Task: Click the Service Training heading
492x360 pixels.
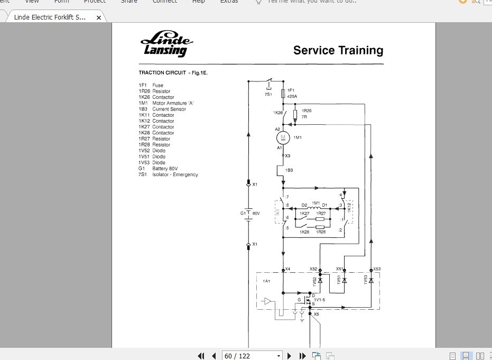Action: coord(338,51)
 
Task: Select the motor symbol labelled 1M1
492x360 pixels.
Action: coord(283,137)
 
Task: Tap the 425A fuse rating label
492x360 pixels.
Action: coord(292,96)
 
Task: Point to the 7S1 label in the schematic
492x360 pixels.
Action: coord(268,94)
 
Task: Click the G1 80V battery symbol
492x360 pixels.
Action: coord(249,214)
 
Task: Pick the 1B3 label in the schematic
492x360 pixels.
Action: coord(290,170)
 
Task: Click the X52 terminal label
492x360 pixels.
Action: coord(314,269)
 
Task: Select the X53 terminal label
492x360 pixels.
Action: coord(377,269)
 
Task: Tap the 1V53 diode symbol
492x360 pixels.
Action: coord(371,280)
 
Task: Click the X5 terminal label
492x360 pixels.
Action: coord(316,315)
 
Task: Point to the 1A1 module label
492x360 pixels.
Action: coord(266,281)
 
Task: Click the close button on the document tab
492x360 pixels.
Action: coord(99,17)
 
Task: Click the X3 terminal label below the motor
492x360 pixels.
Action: coord(287,156)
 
